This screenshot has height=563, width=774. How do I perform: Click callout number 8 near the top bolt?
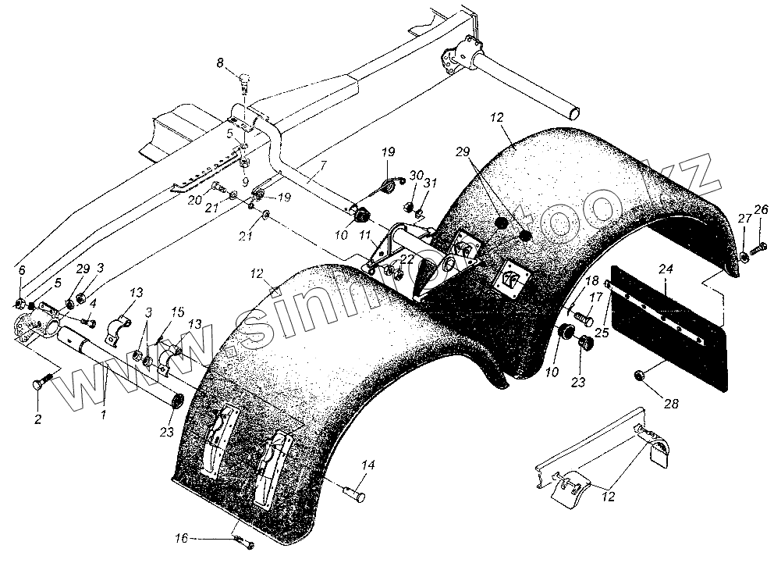click(x=219, y=62)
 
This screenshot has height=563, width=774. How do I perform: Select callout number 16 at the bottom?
click(x=181, y=537)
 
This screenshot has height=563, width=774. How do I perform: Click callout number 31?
click(x=430, y=183)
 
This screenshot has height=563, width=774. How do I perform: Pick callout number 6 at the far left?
click(x=21, y=270)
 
